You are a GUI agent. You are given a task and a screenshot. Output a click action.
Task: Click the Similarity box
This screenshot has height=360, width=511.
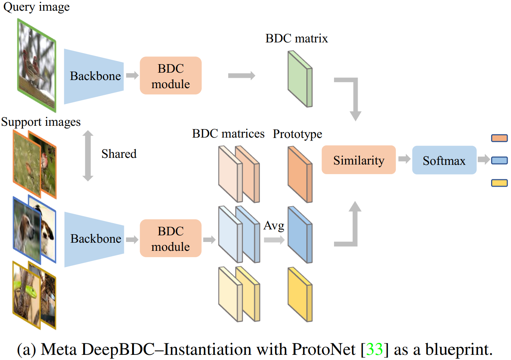pos(358,160)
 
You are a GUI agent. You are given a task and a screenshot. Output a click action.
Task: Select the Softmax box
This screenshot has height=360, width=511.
pos(444,160)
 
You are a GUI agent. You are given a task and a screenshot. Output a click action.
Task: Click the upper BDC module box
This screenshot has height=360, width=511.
pos(170,76)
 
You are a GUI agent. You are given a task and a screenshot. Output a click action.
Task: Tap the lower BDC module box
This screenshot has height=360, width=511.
pos(170,238)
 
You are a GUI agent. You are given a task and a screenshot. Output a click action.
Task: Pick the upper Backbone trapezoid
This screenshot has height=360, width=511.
pos(94,76)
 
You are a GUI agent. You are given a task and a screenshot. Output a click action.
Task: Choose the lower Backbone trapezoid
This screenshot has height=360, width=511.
pos(94,239)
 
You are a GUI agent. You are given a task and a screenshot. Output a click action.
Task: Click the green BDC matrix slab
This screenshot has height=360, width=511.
pos(300,79)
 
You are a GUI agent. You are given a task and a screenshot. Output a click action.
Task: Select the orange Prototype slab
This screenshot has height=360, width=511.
pos(300,174)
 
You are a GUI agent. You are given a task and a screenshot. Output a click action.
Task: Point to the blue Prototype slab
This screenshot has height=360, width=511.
pos(300,235)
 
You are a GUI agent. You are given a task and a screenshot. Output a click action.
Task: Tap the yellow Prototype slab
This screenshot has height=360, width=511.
pos(300,294)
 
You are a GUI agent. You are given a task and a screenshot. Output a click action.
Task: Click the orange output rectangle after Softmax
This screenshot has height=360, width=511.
pos(499,138)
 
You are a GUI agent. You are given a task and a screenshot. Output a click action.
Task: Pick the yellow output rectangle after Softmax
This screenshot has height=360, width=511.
pos(499,183)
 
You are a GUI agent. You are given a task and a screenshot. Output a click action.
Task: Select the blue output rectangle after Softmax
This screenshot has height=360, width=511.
pos(499,160)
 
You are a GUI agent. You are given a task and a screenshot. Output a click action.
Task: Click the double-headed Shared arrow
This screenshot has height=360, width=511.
pos(88,156)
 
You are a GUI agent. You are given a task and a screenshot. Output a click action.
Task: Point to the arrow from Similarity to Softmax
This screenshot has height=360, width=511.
pos(404,159)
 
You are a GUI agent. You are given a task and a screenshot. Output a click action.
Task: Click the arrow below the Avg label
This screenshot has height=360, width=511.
pos(274,240)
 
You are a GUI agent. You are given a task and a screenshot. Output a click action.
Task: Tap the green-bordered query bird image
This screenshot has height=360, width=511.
pos(36,65)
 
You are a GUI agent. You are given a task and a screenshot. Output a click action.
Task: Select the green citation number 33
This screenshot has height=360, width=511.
pos(374,349)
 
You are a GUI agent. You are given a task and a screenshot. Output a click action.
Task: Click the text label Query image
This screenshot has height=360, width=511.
pos(36,7)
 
